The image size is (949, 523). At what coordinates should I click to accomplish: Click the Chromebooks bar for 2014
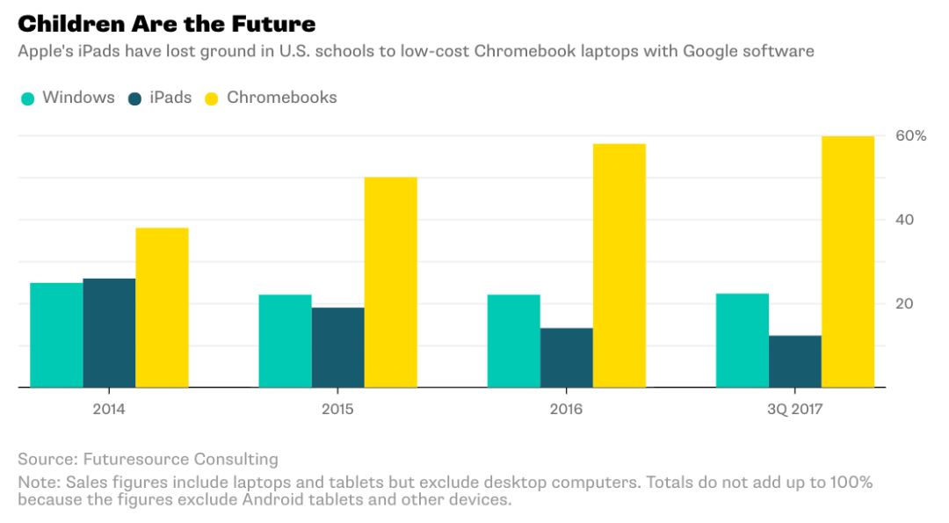click(x=162, y=308)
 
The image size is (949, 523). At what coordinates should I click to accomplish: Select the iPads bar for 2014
click(x=109, y=333)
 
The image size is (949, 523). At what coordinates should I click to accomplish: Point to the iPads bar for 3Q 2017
click(x=794, y=361)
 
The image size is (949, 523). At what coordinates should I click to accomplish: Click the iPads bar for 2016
click(x=566, y=358)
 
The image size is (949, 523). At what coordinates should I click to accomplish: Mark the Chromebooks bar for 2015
click(x=390, y=282)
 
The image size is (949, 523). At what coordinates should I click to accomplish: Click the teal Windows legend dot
click(x=27, y=98)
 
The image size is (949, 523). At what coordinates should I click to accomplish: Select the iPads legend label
click(x=170, y=98)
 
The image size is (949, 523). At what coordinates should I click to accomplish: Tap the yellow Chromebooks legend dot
click(x=212, y=98)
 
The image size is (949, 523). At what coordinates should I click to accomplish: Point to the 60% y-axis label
click(x=910, y=136)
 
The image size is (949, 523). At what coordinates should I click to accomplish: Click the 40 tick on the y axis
click(x=904, y=220)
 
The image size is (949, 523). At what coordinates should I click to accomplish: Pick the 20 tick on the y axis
click(x=904, y=304)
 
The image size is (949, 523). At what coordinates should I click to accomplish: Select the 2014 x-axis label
click(x=108, y=410)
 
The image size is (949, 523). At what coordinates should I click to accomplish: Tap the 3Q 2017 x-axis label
click(x=795, y=410)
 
